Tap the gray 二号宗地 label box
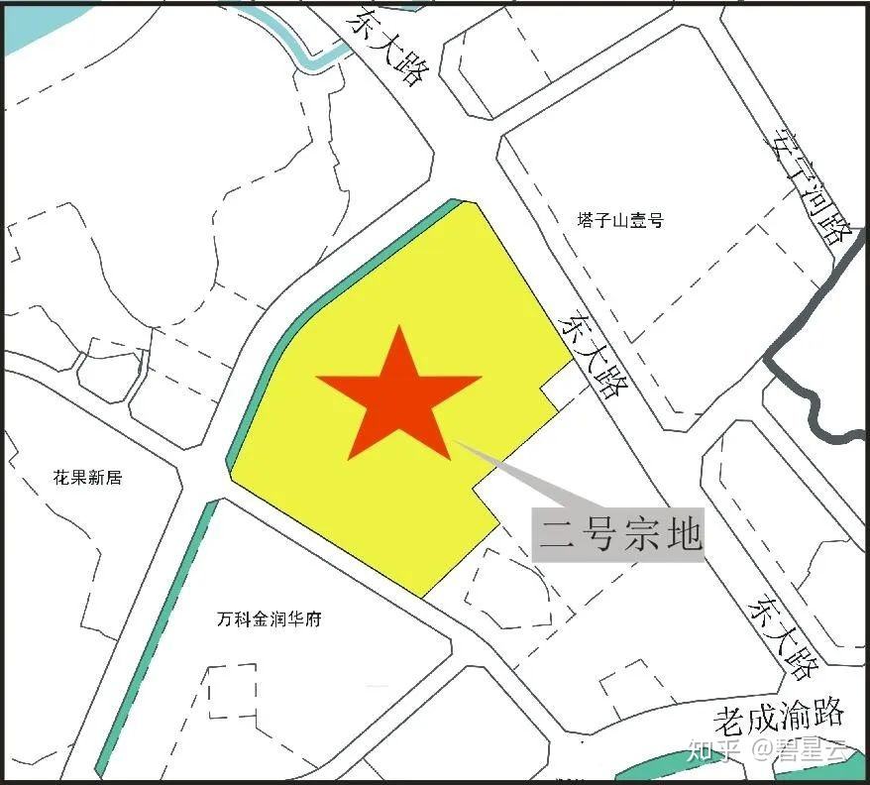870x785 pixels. point(618,535)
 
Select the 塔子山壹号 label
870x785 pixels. point(620,220)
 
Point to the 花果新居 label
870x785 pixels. point(87,478)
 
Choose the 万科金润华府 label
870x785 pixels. point(269,620)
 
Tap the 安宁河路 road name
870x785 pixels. point(809,188)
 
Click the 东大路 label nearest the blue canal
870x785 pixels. point(387,48)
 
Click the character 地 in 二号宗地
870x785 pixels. point(683,535)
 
